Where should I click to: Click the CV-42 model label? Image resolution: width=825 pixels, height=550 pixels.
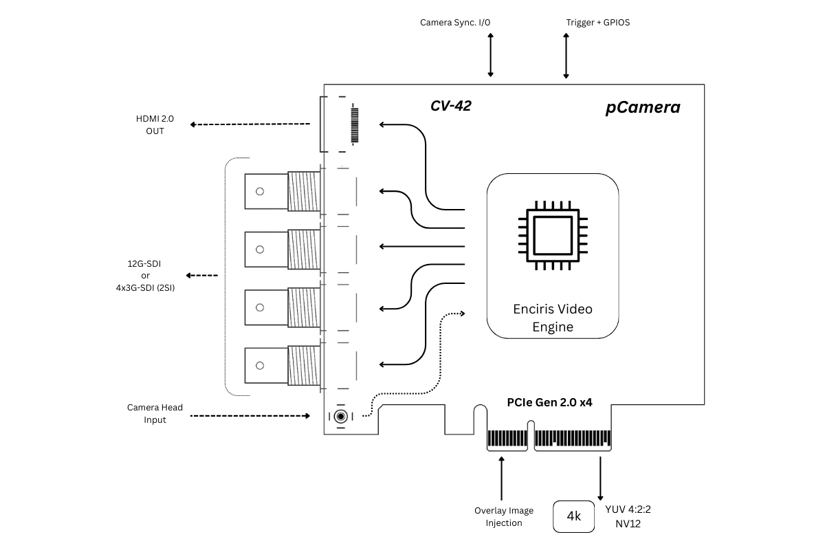coord(450,106)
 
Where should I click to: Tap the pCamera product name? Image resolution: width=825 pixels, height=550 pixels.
coord(643,107)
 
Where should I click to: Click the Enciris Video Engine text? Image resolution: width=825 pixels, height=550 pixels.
coord(553,318)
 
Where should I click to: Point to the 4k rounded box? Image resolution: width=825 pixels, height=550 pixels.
coord(573,516)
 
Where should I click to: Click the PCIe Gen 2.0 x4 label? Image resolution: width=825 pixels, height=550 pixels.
coord(549,403)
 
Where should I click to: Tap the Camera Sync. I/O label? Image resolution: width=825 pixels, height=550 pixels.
coord(455,22)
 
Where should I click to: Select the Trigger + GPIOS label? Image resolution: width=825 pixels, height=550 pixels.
coord(597,22)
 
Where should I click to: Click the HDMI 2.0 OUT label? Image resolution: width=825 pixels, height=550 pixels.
coord(155,124)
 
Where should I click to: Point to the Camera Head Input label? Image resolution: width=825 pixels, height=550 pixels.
coord(155,413)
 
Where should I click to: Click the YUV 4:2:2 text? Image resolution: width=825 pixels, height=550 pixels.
coord(628,510)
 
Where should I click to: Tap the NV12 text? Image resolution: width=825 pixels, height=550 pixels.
coord(628,524)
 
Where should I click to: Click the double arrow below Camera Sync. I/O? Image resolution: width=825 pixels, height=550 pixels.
coord(491,54)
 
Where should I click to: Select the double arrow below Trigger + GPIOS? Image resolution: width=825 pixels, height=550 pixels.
coord(566,55)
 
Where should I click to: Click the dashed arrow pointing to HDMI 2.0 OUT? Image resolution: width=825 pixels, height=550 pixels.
coord(250,124)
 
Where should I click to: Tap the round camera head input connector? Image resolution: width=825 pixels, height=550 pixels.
coord(340,416)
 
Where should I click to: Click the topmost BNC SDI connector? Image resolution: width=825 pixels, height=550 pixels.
coord(282,191)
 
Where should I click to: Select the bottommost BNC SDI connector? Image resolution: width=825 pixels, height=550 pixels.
coord(282,365)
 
